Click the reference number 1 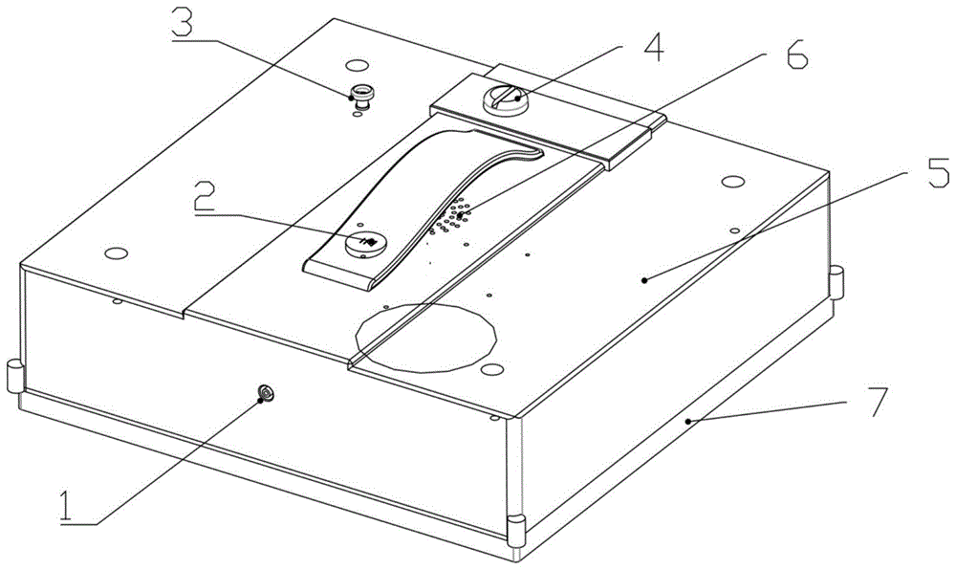(x=71, y=507)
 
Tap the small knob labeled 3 (x=361, y=97)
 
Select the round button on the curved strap (x=364, y=243)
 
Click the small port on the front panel (x=266, y=394)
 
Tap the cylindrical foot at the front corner (x=516, y=529)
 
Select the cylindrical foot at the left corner (x=14, y=376)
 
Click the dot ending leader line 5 (x=644, y=280)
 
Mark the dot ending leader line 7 (x=687, y=421)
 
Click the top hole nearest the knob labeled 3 (x=356, y=65)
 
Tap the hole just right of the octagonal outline (x=491, y=369)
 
